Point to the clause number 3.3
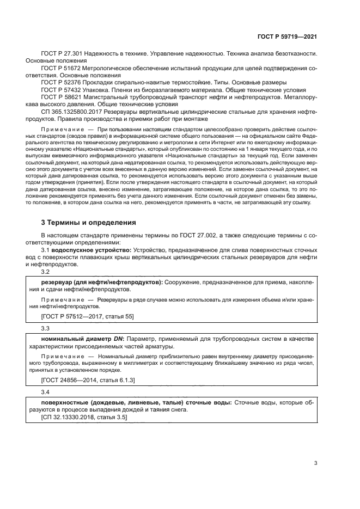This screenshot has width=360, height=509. click(x=46, y=328)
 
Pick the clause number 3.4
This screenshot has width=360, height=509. click(x=46, y=393)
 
